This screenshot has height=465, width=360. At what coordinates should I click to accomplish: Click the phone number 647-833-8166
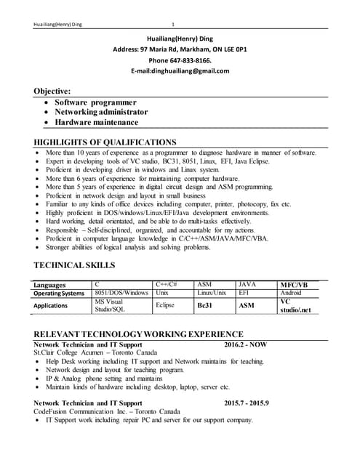[191, 60]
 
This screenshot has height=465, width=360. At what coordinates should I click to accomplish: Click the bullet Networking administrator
[97, 112]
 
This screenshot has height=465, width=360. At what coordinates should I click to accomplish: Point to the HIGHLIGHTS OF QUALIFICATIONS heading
[105, 142]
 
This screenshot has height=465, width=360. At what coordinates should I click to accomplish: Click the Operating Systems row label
[59, 294]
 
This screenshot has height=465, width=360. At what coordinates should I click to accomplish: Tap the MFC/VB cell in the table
[294, 285]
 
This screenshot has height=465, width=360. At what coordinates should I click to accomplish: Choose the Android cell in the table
[291, 293]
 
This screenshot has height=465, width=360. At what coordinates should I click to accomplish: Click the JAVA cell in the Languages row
[247, 285]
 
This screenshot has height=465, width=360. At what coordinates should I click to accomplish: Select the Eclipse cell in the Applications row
[165, 306]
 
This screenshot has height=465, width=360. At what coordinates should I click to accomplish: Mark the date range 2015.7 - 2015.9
[247, 403]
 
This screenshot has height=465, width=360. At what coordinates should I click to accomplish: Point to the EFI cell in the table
[244, 293]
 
